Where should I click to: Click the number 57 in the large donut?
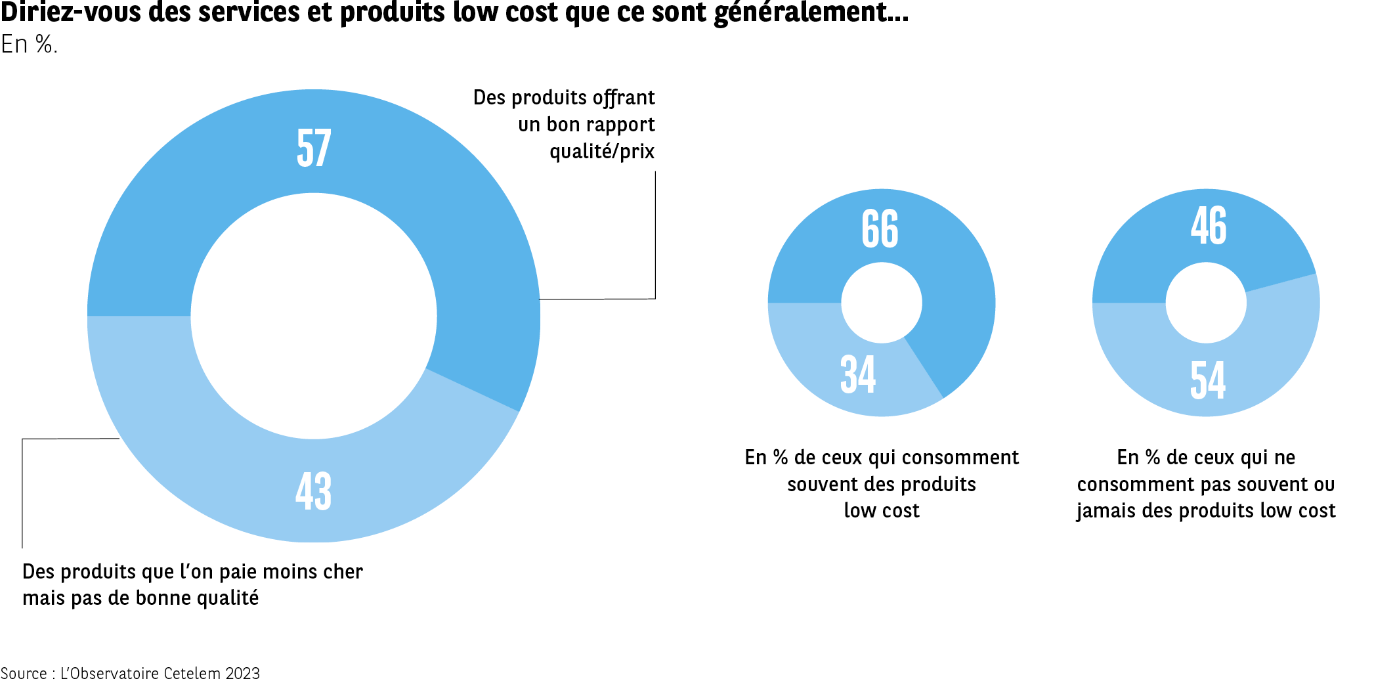pyautogui.click(x=314, y=148)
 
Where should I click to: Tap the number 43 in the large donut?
pyautogui.click(x=314, y=491)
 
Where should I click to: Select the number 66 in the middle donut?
pyautogui.click(x=880, y=229)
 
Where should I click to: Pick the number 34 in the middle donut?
pyautogui.click(x=858, y=374)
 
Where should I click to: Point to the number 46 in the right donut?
pyautogui.click(x=1209, y=225)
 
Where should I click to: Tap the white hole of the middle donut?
pyautogui.click(x=882, y=303)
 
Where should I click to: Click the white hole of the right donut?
pyautogui.click(x=1206, y=303)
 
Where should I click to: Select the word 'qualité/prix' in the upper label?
pyautogui.click(x=602, y=152)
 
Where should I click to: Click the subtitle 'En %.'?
pyautogui.click(x=30, y=44)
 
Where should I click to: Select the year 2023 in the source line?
pyautogui.click(x=242, y=672)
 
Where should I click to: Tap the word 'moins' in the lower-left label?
pyautogui.click(x=288, y=572)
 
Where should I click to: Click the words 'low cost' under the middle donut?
pyautogui.click(x=882, y=511)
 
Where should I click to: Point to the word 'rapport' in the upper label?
pyautogui.click(x=620, y=125)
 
